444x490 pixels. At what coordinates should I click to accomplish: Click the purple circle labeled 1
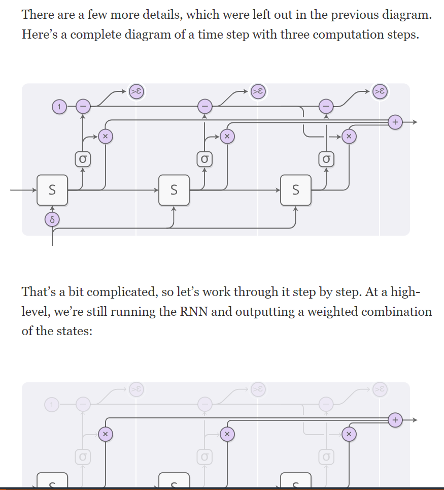click(59, 107)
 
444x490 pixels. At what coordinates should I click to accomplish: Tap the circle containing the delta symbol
click(52, 219)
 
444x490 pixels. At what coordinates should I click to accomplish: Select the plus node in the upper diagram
click(395, 122)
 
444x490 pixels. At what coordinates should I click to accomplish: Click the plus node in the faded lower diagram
click(395, 420)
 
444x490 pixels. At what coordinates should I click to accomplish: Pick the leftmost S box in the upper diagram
click(52, 190)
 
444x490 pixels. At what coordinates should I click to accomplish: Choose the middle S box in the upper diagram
click(174, 190)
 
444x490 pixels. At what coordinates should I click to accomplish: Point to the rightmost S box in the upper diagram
click(296, 190)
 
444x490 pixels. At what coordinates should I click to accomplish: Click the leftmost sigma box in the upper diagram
click(83, 159)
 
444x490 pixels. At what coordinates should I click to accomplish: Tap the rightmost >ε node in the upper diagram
click(379, 91)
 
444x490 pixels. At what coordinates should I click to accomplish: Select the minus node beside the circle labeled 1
click(83, 106)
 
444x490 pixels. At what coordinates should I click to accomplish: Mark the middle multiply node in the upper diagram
click(227, 136)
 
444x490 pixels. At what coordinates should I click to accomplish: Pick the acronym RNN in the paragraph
click(193, 311)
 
